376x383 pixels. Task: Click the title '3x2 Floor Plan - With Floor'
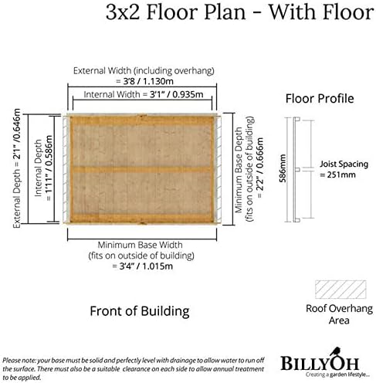[x=239, y=12]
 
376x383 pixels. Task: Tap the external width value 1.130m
[x=158, y=81]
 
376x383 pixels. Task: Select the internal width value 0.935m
[x=188, y=94]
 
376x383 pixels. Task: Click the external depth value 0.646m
[x=17, y=125]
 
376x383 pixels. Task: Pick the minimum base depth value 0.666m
[x=260, y=153]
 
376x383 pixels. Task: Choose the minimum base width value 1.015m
[x=157, y=266]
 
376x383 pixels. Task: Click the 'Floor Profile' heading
[x=320, y=99]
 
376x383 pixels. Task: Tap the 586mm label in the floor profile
[x=283, y=168]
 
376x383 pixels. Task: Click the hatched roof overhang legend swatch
[x=340, y=290]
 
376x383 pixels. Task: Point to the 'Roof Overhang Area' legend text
[x=339, y=314]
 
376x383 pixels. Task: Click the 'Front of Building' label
[x=140, y=311]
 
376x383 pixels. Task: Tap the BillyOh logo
[x=320, y=361]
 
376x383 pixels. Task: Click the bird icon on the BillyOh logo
[x=335, y=351]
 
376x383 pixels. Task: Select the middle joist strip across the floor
[x=142, y=169]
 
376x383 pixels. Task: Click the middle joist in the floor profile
[x=298, y=169]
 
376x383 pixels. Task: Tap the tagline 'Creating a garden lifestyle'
[x=337, y=375]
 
